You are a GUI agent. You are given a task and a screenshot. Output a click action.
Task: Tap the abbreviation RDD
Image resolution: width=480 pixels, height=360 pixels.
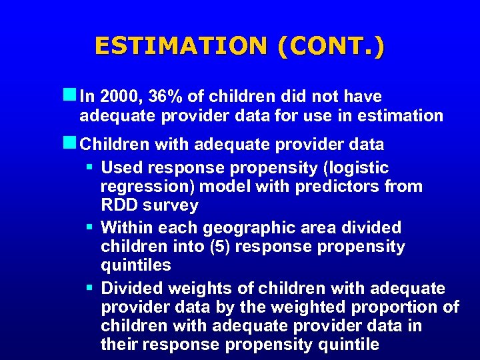pyautogui.click(x=119, y=205)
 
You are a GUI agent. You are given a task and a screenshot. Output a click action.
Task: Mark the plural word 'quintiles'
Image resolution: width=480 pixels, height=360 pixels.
pyautogui.click(x=136, y=265)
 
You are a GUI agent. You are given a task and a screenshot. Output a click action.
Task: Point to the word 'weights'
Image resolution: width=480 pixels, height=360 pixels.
pyautogui.click(x=197, y=289)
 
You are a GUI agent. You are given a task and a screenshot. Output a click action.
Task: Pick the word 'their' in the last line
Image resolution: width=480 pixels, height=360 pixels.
pyautogui.click(x=119, y=344)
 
